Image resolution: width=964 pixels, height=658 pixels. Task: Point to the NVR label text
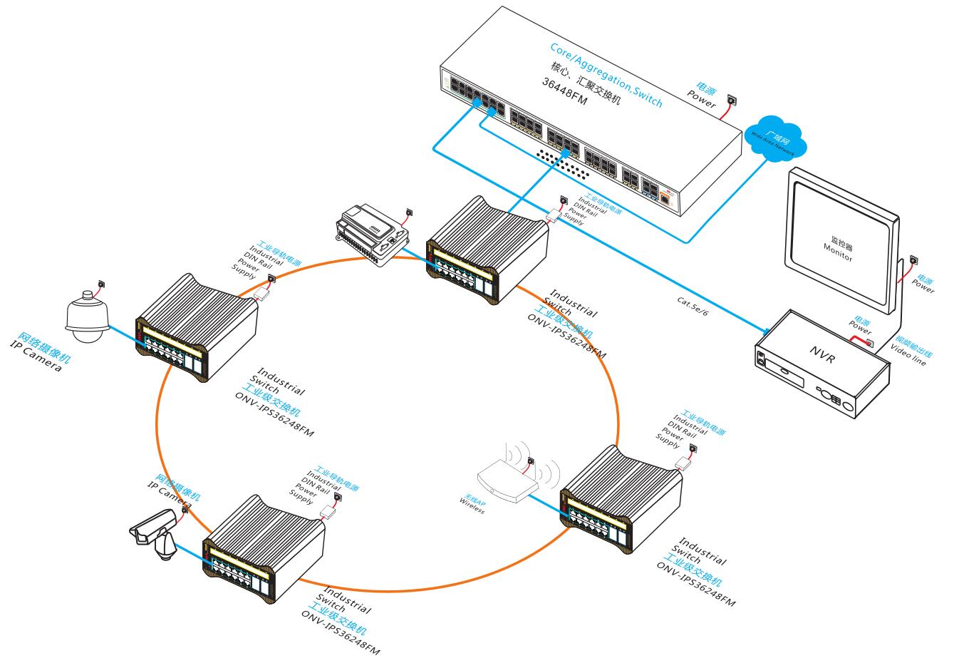click(820, 353)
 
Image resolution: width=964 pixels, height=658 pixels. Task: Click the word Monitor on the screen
click(838, 253)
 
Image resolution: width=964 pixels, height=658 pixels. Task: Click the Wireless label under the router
click(472, 507)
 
